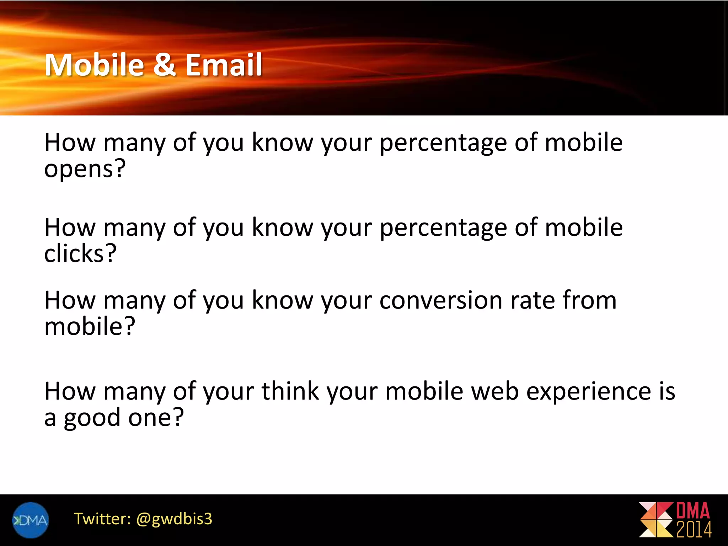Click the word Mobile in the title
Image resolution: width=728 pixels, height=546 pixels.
click(94, 65)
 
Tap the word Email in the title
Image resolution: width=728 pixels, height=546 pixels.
click(224, 65)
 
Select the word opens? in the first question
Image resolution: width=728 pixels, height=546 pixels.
click(85, 169)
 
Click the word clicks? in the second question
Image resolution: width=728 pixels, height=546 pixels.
click(80, 254)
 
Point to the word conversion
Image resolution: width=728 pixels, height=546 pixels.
click(441, 300)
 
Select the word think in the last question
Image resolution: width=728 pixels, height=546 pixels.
click(290, 391)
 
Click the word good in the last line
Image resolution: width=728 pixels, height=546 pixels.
click(92, 418)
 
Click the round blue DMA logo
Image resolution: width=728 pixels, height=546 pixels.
click(30, 520)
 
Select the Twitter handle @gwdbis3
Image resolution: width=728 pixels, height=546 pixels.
click(174, 519)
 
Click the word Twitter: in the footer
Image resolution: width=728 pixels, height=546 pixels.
click(102, 519)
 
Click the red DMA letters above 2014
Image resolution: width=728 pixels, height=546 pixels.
click(693, 511)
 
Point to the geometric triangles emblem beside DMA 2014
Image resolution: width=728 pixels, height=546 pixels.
click(656, 520)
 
